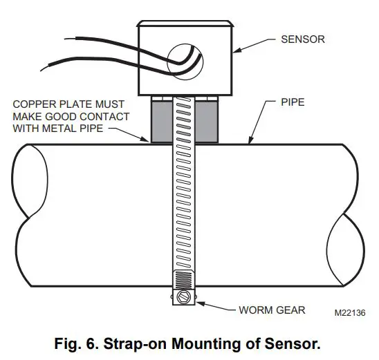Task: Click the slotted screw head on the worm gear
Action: [x=182, y=299]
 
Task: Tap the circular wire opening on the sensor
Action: [x=185, y=61]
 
